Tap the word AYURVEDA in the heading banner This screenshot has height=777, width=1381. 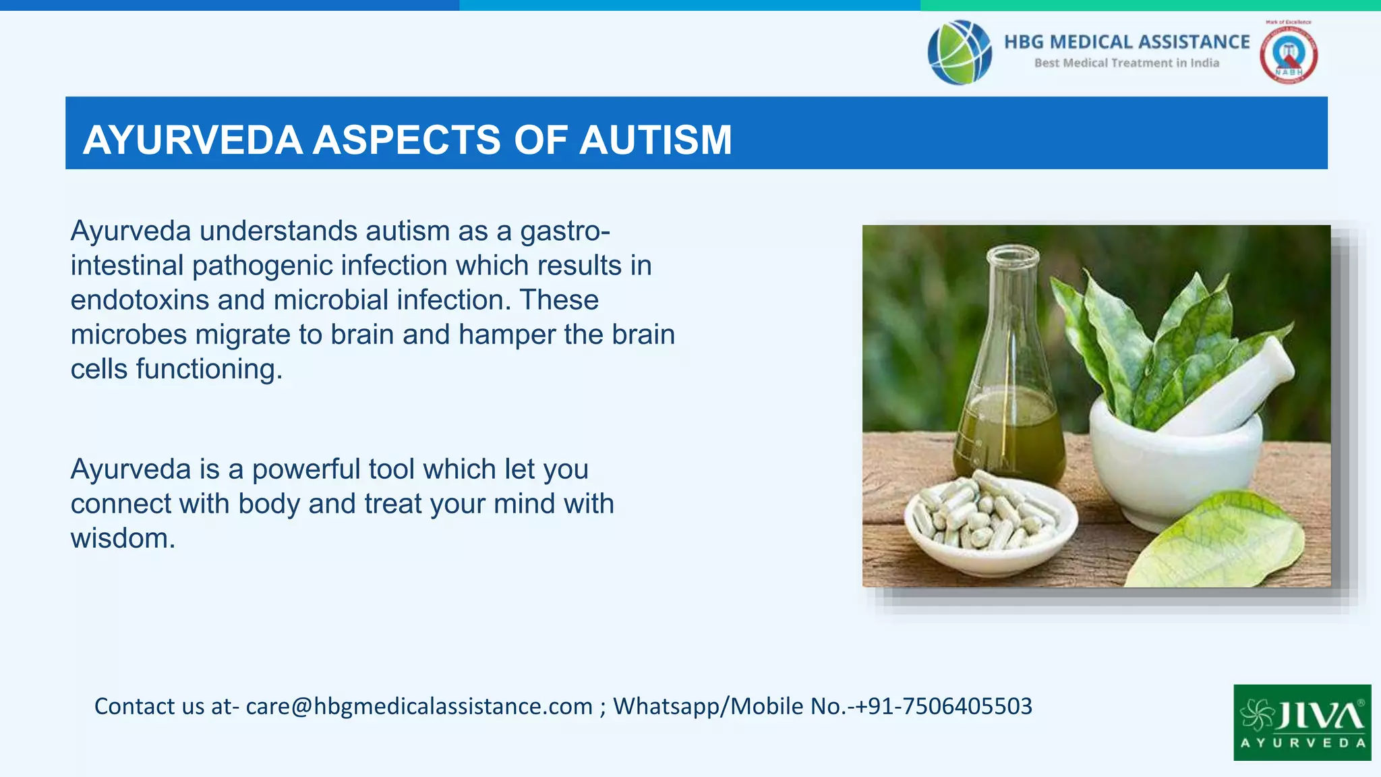pos(192,140)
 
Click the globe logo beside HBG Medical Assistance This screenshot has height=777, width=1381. pos(959,53)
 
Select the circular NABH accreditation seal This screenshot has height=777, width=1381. pos(1288,55)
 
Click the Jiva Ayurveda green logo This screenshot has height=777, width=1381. pos(1301,722)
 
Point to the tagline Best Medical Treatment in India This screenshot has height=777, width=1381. pos(1126,63)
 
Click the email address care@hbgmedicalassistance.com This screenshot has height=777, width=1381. pos(419,706)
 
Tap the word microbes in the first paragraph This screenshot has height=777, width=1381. pos(128,335)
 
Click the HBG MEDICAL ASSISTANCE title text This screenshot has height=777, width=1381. pos(1126,42)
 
